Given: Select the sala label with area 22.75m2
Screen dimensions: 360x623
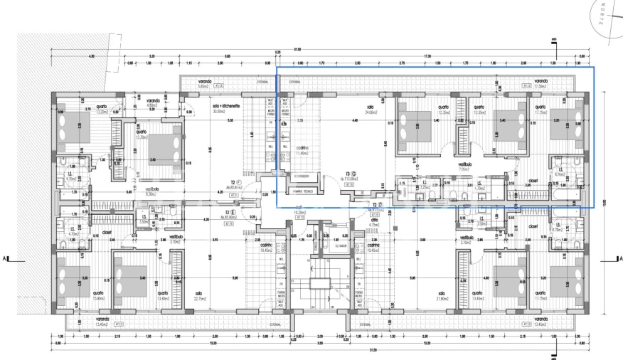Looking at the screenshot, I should click(199, 295).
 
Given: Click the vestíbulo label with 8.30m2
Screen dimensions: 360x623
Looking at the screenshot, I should click(152, 191).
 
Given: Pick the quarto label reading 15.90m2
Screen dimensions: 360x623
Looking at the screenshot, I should click(99, 295).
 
